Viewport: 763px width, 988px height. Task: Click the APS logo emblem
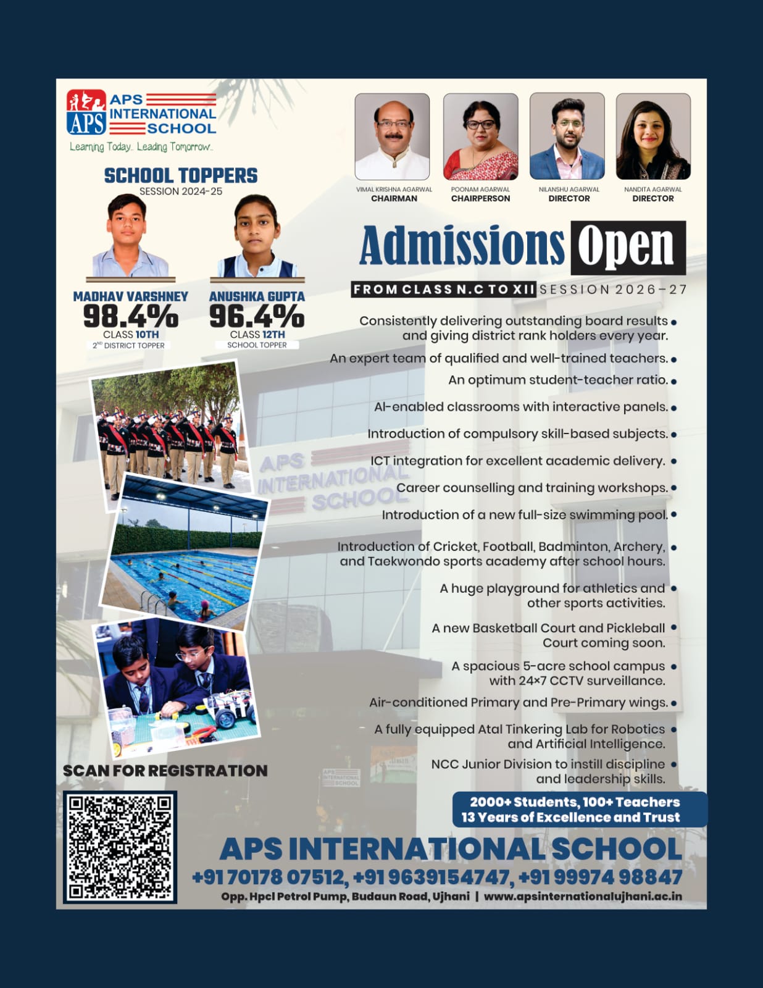[x=86, y=112]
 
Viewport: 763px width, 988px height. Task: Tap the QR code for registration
[x=120, y=846]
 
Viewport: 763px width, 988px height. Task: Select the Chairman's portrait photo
[x=392, y=136]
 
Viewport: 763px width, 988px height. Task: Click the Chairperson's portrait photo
[x=480, y=136]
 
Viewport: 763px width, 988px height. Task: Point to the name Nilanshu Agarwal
[x=569, y=190]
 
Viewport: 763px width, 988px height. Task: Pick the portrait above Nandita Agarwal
[x=653, y=136]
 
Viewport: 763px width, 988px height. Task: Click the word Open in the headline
[x=627, y=247]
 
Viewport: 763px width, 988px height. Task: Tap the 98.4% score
[x=131, y=317]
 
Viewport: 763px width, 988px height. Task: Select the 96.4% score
[x=257, y=317]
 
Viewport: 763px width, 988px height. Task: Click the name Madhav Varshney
[x=131, y=297]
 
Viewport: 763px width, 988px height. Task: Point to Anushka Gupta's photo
[x=257, y=237]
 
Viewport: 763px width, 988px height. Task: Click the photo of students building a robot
[x=177, y=689]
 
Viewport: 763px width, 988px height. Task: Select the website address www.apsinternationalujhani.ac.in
[x=583, y=896]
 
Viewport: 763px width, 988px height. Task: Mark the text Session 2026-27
[x=613, y=290]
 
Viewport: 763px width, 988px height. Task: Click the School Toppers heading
[x=181, y=176]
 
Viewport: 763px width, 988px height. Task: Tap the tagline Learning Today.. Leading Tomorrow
[x=141, y=147]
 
